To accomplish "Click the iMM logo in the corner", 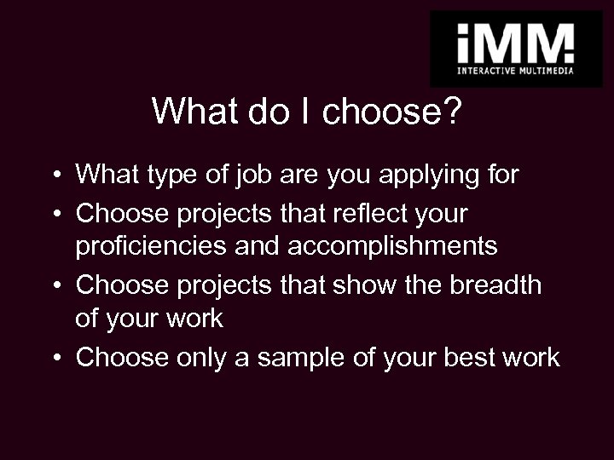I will click(x=514, y=42).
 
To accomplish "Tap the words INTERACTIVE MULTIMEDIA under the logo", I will click(x=514, y=71).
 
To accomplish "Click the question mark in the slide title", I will click(x=451, y=112).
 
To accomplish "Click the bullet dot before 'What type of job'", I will click(x=54, y=176).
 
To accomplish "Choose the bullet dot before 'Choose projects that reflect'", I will click(x=54, y=214).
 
